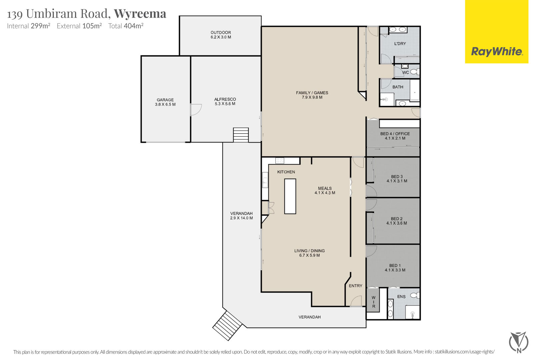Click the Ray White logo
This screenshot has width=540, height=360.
pyautogui.click(x=497, y=32)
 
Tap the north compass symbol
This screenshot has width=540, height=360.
pyautogui.click(x=519, y=342)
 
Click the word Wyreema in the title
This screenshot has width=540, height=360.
pyautogui.click(x=140, y=14)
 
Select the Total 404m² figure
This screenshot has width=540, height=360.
pyautogui.click(x=126, y=26)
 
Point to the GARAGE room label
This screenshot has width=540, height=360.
pyautogui.click(x=165, y=100)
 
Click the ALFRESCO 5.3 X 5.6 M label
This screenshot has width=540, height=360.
pyautogui.click(x=225, y=102)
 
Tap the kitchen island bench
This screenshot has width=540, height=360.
pyautogui.click(x=290, y=196)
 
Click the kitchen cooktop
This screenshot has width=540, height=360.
pyautogui.click(x=280, y=161)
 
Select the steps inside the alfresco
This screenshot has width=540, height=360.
pyautogui.click(x=241, y=135)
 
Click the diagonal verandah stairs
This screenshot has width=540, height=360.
pyautogui.click(x=227, y=326)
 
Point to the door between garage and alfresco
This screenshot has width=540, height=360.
pyautogui.click(x=196, y=110)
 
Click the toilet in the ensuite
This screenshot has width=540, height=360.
pyautogui.click(x=415, y=295)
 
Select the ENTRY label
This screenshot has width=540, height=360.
pyautogui.click(x=356, y=286)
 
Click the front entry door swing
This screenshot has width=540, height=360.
pyautogui.click(x=356, y=301)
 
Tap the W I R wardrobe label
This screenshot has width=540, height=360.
pyautogui.click(x=374, y=302)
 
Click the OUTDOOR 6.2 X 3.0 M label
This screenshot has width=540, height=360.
pyautogui.click(x=221, y=35)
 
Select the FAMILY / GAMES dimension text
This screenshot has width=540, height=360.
pyautogui.click(x=312, y=97)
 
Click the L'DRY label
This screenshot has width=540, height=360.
pyautogui.click(x=400, y=44)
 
